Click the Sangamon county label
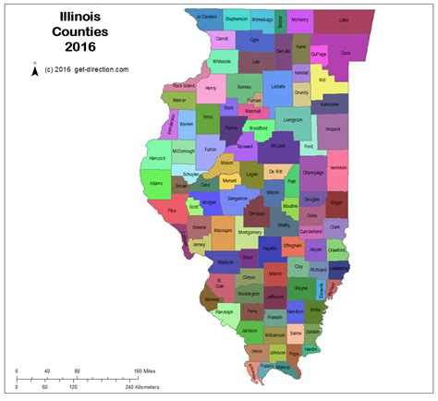coord(237,199)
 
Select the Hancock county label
coord(156,159)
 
